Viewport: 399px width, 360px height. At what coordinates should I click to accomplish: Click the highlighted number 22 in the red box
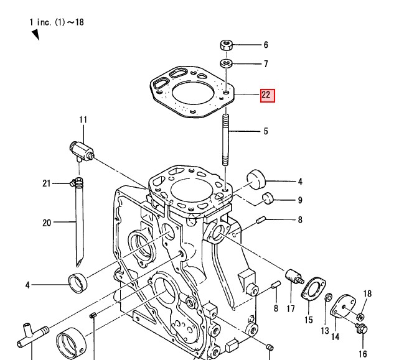266,95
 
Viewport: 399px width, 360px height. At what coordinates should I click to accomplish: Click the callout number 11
83,120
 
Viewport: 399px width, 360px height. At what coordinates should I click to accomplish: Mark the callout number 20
47,223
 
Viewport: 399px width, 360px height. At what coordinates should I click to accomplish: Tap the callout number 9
299,200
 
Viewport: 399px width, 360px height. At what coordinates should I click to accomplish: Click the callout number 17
290,309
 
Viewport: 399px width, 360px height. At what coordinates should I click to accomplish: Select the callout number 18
367,293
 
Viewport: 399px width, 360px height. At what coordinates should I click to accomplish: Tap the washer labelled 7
227,63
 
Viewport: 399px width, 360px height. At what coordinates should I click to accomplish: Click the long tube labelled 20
79,224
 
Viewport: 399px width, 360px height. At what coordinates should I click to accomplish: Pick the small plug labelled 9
268,199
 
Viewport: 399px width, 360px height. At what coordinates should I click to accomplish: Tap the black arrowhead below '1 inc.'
35,35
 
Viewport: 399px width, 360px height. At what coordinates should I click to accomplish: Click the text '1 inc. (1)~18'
56,22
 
